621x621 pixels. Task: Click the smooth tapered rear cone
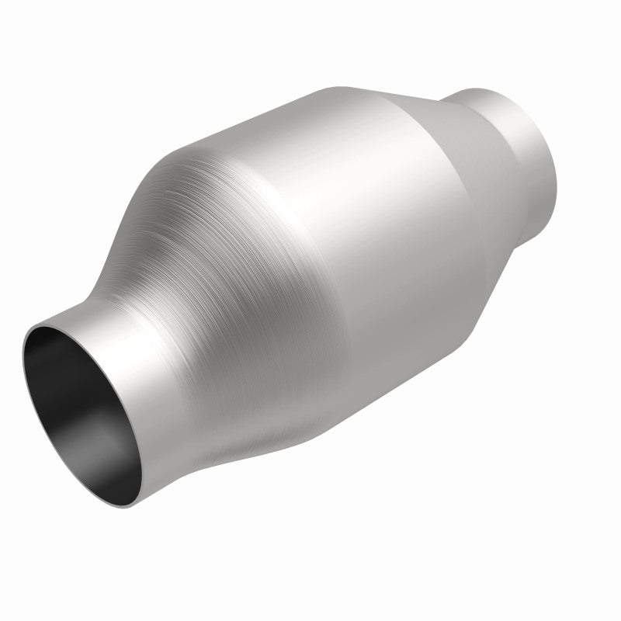pos(474,202)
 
